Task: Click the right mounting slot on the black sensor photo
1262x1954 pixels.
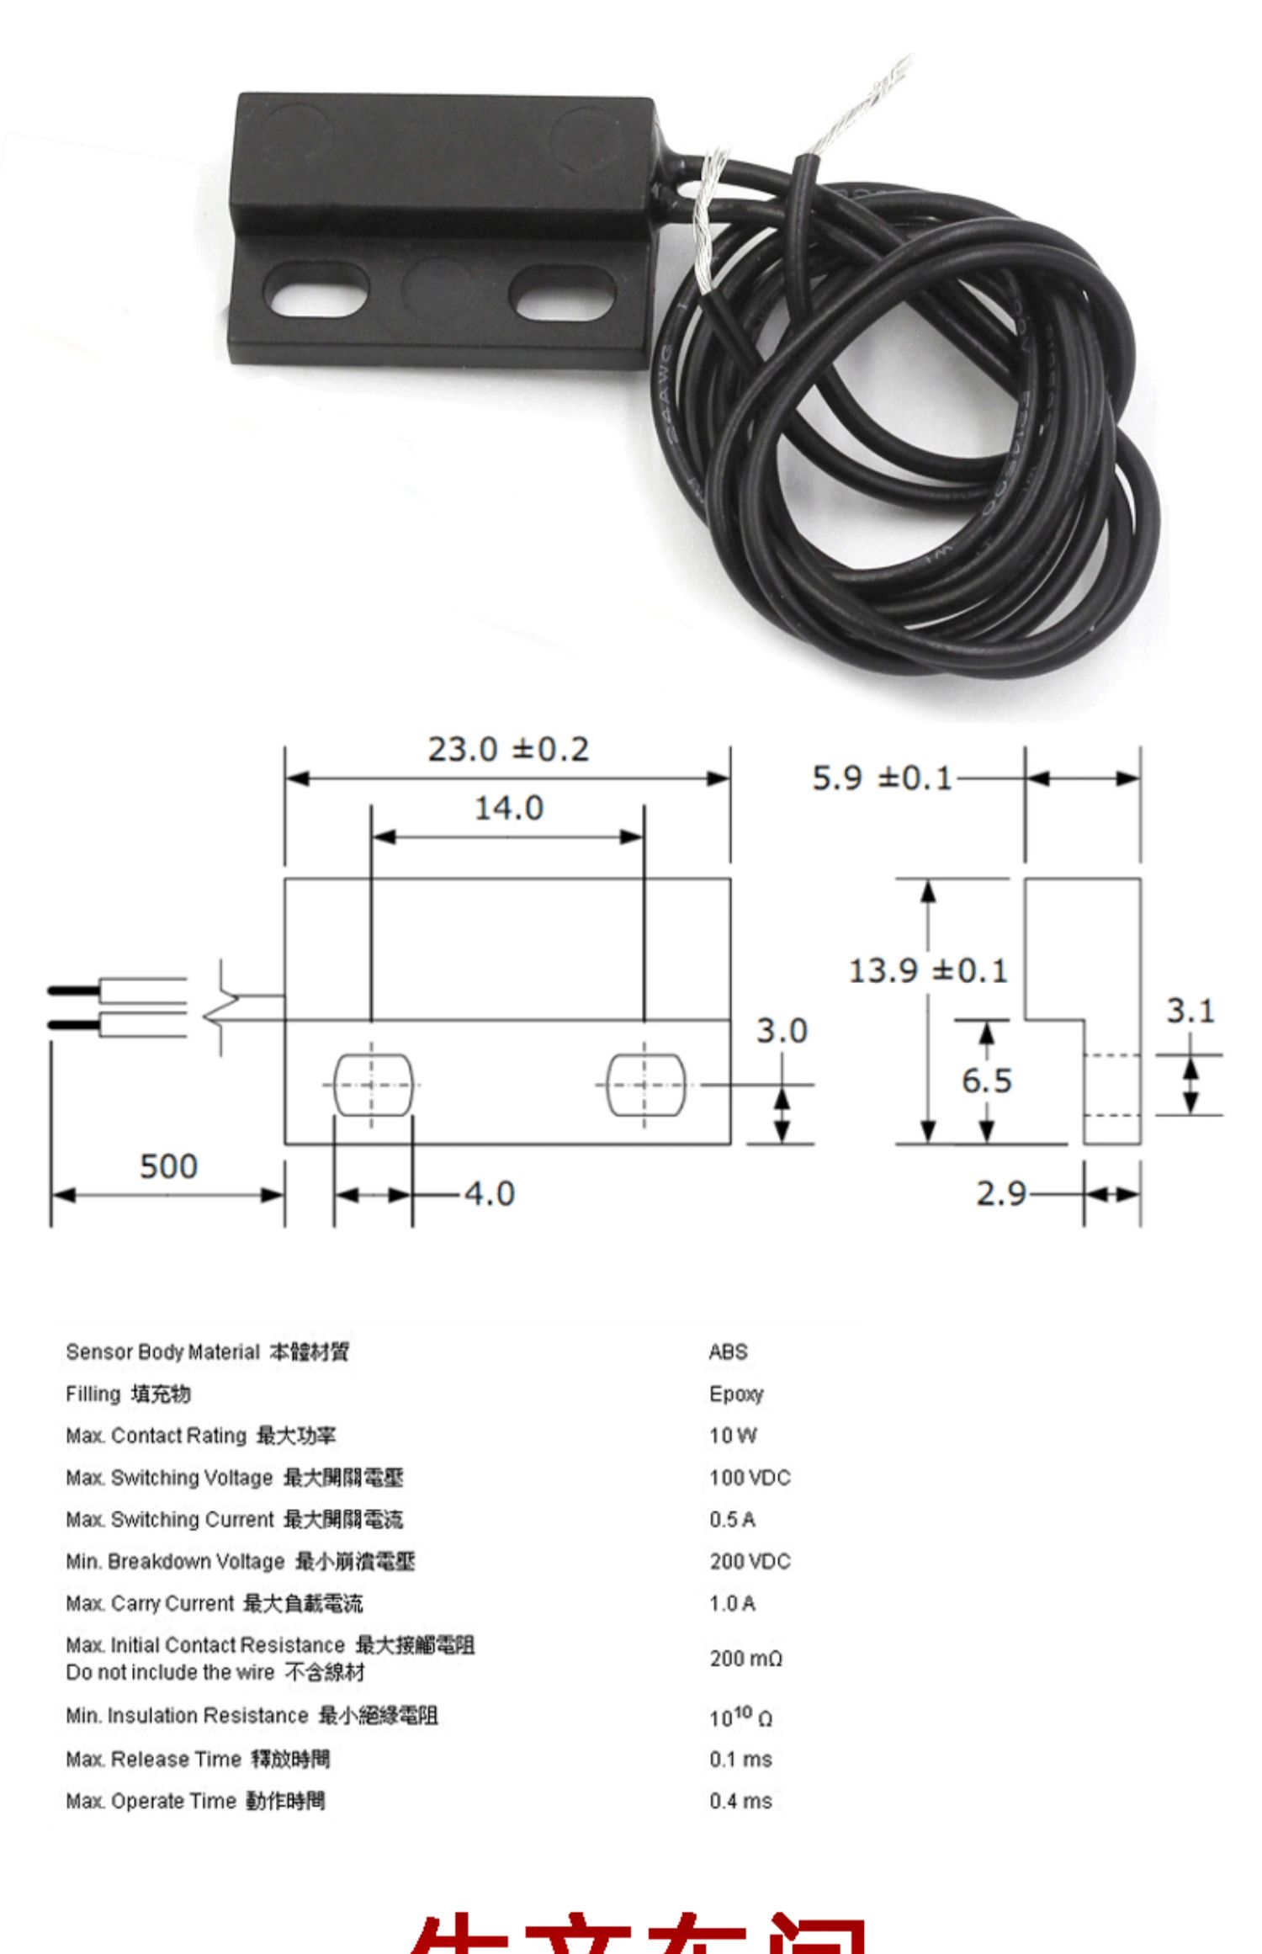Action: tap(562, 292)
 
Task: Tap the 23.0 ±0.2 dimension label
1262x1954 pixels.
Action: tap(508, 749)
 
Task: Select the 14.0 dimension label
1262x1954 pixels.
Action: tap(508, 808)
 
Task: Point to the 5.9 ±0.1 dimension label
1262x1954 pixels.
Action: tap(881, 778)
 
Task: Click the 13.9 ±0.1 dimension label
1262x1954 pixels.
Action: tap(927, 970)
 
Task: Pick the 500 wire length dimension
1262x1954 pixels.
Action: tap(168, 1166)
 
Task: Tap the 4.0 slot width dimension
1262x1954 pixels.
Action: tap(489, 1193)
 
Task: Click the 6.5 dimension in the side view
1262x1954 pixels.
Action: tap(986, 1081)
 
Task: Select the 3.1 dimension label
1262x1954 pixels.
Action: tap(1190, 1010)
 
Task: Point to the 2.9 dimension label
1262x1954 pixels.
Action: tap(1000, 1193)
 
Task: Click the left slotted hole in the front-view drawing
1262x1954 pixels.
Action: tap(373, 1085)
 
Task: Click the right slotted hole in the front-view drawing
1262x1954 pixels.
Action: tap(645, 1085)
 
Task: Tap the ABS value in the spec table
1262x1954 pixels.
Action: tap(728, 1351)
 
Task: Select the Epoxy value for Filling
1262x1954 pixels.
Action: tap(735, 1394)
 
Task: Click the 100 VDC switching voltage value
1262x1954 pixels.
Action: tap(749, 1478)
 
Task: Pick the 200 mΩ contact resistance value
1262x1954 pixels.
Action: tap(745, 1658)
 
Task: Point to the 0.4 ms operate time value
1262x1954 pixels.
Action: tap(740, 1801)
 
